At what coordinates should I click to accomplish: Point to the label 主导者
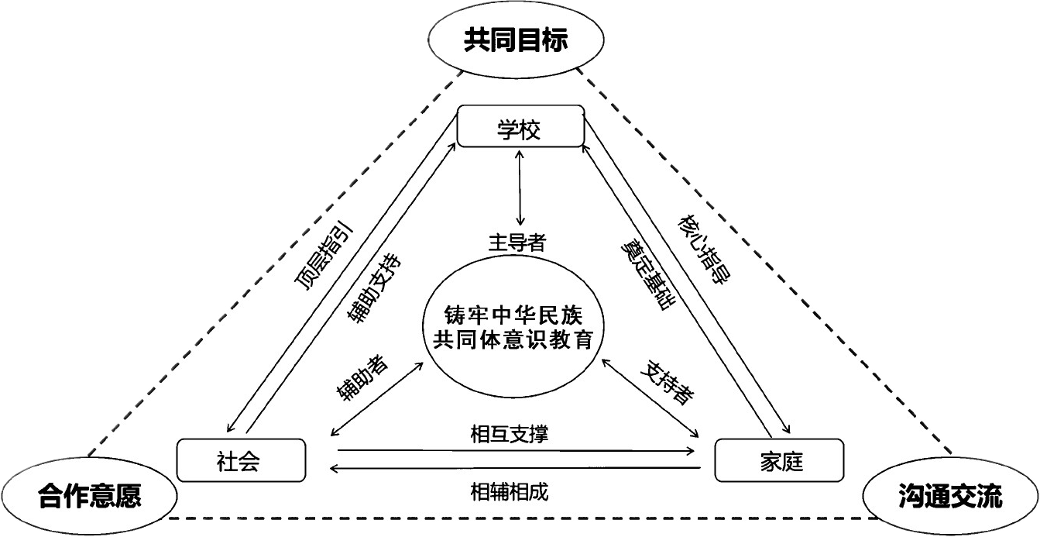517,243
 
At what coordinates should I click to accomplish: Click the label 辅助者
362,379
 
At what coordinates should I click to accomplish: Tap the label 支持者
668,382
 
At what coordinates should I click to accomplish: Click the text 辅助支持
374,288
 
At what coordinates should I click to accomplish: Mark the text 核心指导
705,249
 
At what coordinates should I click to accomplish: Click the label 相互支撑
510,434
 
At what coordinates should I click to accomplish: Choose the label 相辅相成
510,492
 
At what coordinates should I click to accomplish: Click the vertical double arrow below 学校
520,188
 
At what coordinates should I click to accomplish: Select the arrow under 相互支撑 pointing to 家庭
517,450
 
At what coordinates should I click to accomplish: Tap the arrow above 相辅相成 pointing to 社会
515,468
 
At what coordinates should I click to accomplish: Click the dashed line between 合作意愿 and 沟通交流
522,518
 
